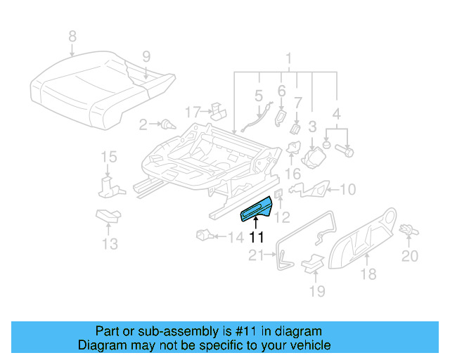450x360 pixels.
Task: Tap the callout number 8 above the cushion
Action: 71,36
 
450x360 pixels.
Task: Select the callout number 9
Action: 146,56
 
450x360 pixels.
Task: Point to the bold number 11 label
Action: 256,238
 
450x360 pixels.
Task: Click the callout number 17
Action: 193,111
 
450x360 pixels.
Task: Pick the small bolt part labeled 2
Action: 167,125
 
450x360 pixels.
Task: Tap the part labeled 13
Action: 108,216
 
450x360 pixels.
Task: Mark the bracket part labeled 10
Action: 309,189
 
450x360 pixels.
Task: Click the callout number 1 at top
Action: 288,58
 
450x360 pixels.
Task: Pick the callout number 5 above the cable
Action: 258,94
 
